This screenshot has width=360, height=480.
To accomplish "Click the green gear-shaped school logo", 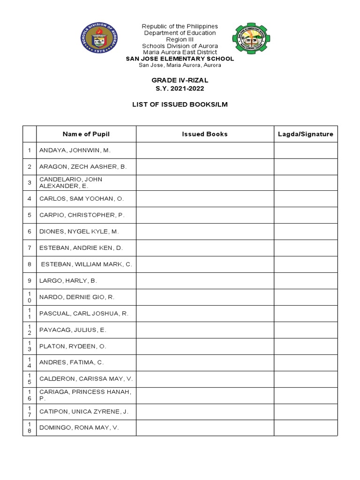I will (251, 38).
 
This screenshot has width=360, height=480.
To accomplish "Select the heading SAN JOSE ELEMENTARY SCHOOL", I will (180, 59).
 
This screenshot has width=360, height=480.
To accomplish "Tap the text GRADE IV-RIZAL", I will (180, 81).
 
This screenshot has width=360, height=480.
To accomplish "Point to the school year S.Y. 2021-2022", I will (180, 89).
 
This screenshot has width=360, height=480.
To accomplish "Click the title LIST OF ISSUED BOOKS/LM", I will (180, 105).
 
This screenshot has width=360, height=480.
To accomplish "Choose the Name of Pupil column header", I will (86, 134).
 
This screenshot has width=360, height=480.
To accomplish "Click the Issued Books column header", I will (205, 134).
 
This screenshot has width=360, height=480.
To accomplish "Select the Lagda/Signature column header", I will (306, 134).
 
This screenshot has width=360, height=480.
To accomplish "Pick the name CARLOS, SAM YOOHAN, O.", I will (82, 199).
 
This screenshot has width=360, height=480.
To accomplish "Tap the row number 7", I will (29, 248).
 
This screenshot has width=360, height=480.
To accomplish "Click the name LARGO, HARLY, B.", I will (68, 281).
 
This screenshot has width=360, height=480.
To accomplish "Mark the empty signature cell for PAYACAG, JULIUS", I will (306, 330).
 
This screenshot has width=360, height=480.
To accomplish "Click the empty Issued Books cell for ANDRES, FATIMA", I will (205, 363).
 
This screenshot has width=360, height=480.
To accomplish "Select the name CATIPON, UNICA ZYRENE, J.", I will (84, 412).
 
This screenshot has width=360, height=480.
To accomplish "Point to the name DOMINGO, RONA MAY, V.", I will (79, 428).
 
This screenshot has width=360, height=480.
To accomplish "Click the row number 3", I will (29, 183).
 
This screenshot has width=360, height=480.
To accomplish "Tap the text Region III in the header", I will (180, 40).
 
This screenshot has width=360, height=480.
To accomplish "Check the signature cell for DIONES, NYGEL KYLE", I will (306, 232).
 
